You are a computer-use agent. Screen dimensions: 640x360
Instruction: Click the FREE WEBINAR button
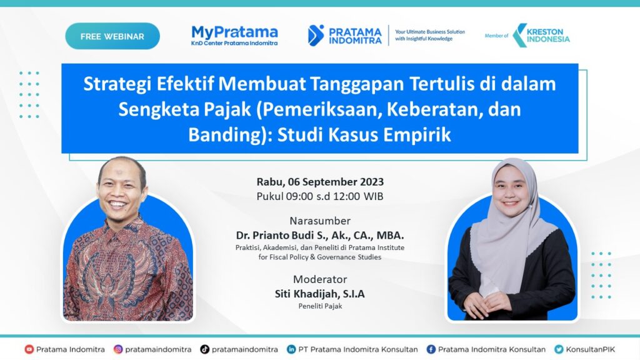[112, 36]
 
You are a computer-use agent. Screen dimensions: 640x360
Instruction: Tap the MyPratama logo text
[235, 32]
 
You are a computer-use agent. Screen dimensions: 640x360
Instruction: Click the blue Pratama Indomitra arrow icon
[316, 36]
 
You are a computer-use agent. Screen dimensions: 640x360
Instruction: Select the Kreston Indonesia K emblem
[519, 36]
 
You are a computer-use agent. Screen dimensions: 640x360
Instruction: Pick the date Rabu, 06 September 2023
[320, 182]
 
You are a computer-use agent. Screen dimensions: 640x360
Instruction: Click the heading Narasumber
[320, 221]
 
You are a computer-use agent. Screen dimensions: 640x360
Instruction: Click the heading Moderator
[320, 279]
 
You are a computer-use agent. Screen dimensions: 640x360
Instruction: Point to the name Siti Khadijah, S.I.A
[320, 294]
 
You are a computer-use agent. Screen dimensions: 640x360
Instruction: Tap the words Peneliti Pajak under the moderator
[320, 306]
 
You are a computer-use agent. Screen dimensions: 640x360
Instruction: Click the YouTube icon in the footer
[29, 349]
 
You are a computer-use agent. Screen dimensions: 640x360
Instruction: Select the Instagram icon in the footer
[118, 349]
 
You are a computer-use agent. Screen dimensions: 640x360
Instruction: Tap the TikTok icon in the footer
[204, 349]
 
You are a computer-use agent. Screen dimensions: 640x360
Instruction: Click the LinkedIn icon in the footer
[291, 349]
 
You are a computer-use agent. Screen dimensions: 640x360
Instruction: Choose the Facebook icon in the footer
[431, 349]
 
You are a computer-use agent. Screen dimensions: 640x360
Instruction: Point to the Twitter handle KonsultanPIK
[590, 349]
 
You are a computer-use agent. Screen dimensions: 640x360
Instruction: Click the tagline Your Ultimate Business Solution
[430, 32]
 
